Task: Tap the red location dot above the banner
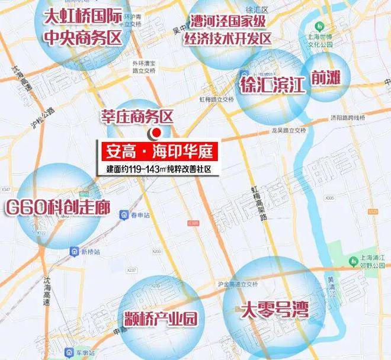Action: click(x=156, y=133)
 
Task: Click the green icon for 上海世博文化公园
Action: click(x=321, y=27)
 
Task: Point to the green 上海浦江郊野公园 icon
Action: click(x=350, y=259)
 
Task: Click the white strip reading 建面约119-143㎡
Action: click(x=158, y=169)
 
